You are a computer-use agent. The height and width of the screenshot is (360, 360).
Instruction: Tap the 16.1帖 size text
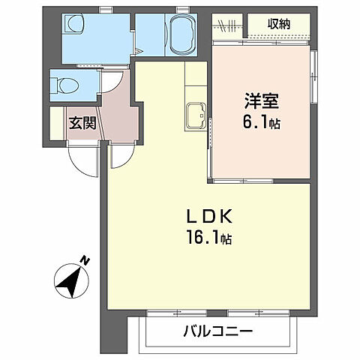tap(210, 240)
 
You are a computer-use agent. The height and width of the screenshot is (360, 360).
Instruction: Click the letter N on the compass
tap(85, 261)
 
